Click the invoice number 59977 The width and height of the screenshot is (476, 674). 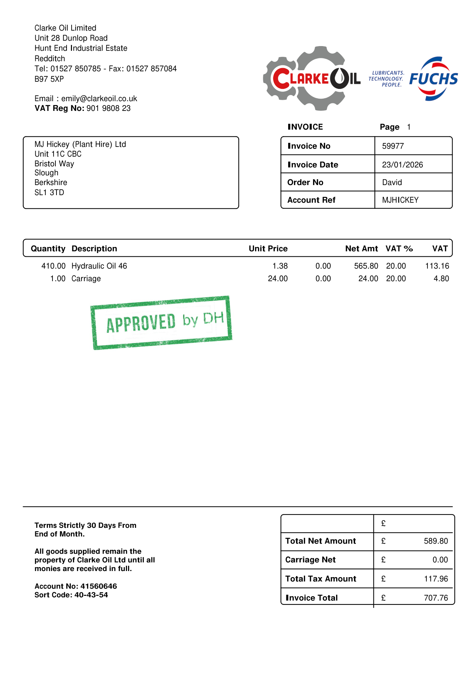(393, 146)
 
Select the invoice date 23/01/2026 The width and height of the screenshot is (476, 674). (402, 165)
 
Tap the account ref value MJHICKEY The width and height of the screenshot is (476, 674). (400, 200)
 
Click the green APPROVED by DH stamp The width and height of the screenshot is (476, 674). (162, 322)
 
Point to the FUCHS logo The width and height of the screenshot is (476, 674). (434, 79)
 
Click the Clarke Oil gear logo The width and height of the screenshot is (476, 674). (312, 78)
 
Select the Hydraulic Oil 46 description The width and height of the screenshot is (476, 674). (99, 266)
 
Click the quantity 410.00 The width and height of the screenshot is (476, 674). (53, 266)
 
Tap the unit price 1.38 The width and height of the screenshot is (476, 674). (280, 266)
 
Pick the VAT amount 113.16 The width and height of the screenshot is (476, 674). (437, 266)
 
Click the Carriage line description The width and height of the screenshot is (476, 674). (86, 279)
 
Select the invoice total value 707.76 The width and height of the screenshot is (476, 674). (436, 598)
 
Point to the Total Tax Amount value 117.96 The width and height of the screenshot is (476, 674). (436, 579)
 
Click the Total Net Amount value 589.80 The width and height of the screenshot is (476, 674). (436, 541)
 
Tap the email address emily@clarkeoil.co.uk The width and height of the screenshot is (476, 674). (99, 99)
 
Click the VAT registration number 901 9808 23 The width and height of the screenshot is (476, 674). (108, 108)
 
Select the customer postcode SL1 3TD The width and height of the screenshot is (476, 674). (49, 193)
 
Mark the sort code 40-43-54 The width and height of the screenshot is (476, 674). (91, 595)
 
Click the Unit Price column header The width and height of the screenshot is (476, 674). (268, 249)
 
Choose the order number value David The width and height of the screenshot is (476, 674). (392, 183)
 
